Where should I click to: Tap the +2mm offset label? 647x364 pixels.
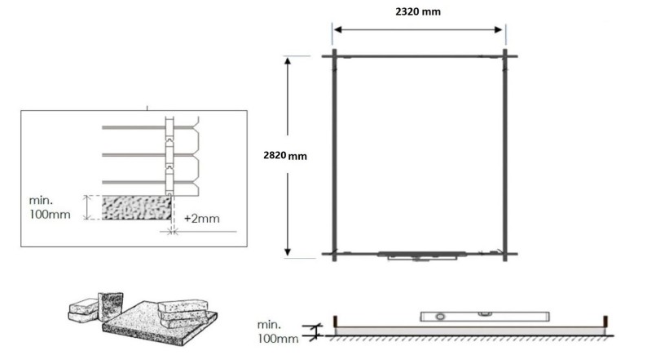coord(200,218)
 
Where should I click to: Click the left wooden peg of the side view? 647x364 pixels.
coord(335,322)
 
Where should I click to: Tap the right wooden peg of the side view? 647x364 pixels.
coord(605,322)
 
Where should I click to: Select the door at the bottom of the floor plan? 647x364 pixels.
coord(423,256)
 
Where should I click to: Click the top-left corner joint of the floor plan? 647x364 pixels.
coord(334,55)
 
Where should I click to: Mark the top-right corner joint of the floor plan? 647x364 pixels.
coord(505,55)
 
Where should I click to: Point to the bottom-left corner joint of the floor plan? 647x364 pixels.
coord(334,254)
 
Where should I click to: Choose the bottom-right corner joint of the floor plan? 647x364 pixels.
coord(505,254)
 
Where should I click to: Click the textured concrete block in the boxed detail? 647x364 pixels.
coord(135,207)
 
